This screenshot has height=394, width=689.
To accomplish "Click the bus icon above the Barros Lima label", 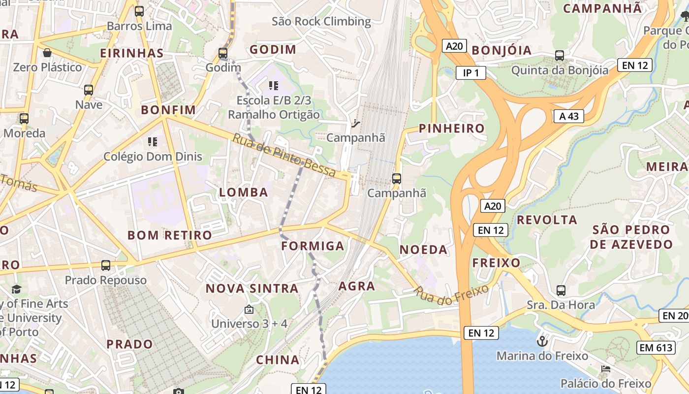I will [139, 11].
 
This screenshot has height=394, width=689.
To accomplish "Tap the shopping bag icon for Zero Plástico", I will [47, 52].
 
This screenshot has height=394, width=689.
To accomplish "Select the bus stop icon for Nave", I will [89, 90].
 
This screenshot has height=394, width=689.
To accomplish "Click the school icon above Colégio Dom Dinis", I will [153, 142].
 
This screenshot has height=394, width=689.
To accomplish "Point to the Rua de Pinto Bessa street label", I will [284, 155].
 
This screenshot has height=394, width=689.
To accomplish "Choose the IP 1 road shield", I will [470, 73].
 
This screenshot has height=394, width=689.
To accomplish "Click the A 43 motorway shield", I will [568, 116].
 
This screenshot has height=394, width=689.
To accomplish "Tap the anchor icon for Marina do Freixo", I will [542, 341].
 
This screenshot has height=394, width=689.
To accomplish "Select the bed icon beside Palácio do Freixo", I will [606, 368].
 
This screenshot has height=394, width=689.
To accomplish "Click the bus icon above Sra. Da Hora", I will [561, 291].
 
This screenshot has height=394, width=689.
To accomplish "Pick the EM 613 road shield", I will [656, 347].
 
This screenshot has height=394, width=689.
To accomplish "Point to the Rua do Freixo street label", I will [452, 293].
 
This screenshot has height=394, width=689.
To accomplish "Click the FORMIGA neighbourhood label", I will [313, 246].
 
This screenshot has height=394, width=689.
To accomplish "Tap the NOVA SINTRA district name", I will [252, 288].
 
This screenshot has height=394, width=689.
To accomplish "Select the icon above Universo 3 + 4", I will [249, 310].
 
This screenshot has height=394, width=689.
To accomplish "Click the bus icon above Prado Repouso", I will [106, 265].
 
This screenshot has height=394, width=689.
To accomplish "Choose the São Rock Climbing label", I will [321, 21].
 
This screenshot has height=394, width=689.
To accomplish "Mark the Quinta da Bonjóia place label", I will [560, 70].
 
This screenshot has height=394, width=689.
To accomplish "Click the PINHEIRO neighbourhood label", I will [451, 129].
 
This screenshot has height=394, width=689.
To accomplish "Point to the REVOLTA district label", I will [547, 220].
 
